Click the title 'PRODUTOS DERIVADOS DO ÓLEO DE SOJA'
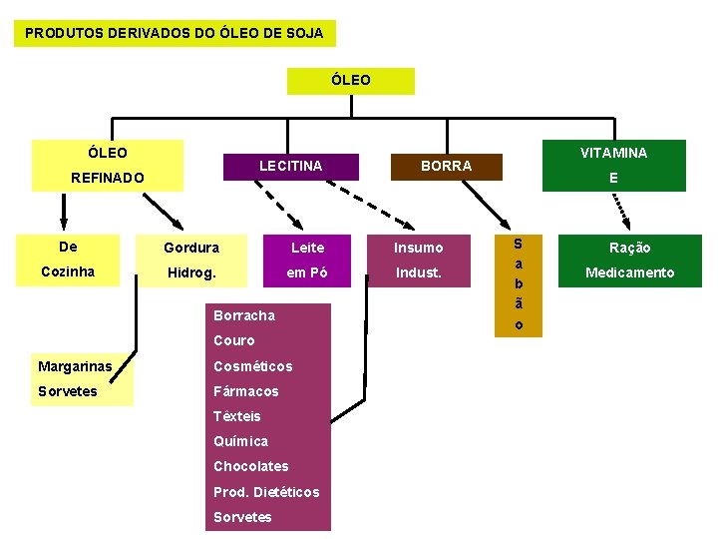point(175,33)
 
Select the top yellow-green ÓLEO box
point(350,80)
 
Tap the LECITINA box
point(291,166)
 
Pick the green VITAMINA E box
point(613,165)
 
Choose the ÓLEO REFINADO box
point(108,165)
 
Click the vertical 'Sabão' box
point(518,284)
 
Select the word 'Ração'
point(629,248)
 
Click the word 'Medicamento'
point(629,272)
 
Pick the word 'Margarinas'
point(75,366)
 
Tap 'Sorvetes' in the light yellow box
point(68,391)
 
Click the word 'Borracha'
point(243,315)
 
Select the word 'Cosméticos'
point(252,366)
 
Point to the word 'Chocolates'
point(250,466)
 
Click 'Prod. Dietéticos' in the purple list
point(266,492)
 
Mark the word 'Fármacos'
point(245,391)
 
